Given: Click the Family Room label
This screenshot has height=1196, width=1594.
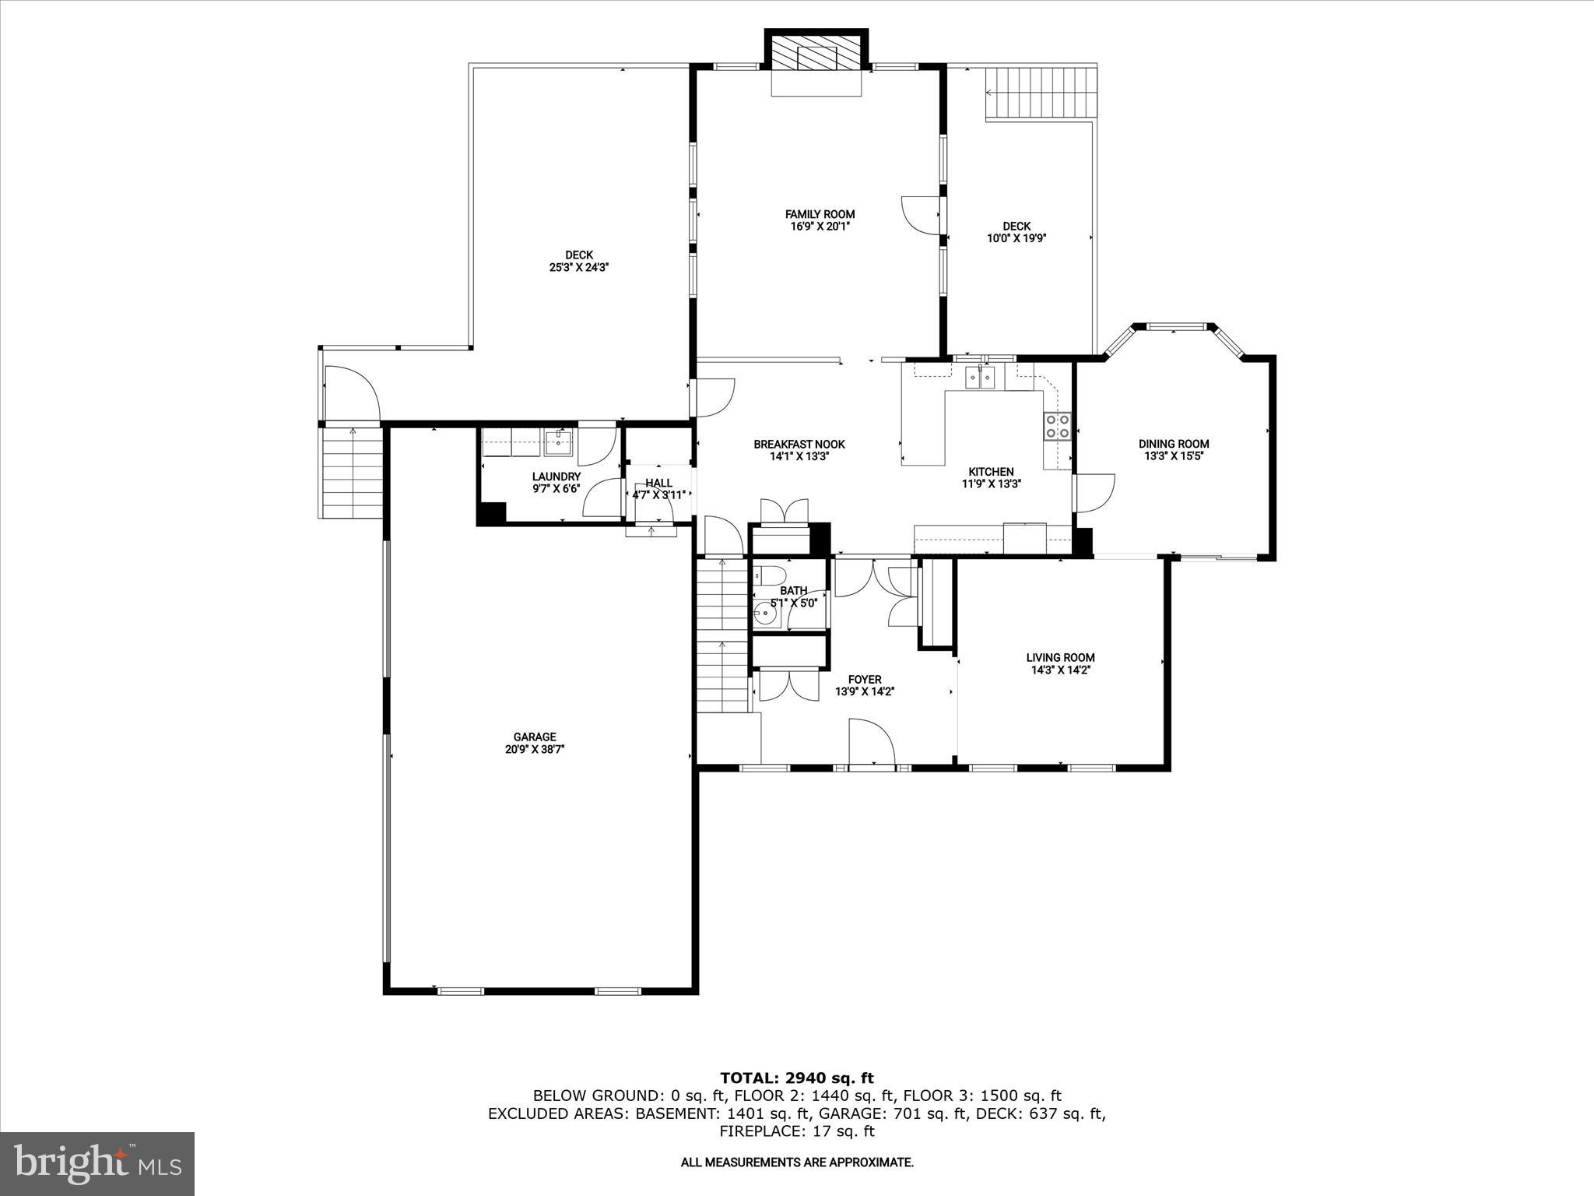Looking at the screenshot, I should pyautogui.click(x=820, y=214).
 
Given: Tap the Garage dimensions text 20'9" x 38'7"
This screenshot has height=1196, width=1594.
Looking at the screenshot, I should pyautogui.click(x=534, y=749).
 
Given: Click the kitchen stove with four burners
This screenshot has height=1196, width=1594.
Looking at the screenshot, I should pyautogui.click(x=1057, y=426).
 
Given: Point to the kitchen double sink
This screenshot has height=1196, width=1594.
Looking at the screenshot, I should pyautogui.click(x=981, y=378).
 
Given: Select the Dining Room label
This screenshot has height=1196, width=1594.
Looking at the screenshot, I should pyautogui.click(x=1174, y=444).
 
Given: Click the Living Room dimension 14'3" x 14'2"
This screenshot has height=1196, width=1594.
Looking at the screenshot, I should pyautogui.click(x=1060, y=670).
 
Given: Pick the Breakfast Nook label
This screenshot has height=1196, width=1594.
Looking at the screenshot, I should pyautogui.click(x=799, y=445).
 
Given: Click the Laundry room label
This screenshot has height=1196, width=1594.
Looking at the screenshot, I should pyautogui.click(x=556, y=477).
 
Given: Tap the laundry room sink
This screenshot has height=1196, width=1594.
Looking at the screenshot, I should pyautogui.click(x=558, y=443).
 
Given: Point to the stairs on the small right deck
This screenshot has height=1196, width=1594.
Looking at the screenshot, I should pyautogui.click(x=1041, y=93).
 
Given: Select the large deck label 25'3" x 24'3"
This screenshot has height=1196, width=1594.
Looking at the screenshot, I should pyautogui.click(x=578, y=266).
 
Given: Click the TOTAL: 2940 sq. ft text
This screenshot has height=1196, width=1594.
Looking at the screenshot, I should pyautogui.click(x=796, y=1078).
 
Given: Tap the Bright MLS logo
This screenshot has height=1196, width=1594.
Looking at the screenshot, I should pyautogui.click(x=97, y=1163).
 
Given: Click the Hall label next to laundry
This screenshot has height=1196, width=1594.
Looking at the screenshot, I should pyautogui.click(x=658, y=483).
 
